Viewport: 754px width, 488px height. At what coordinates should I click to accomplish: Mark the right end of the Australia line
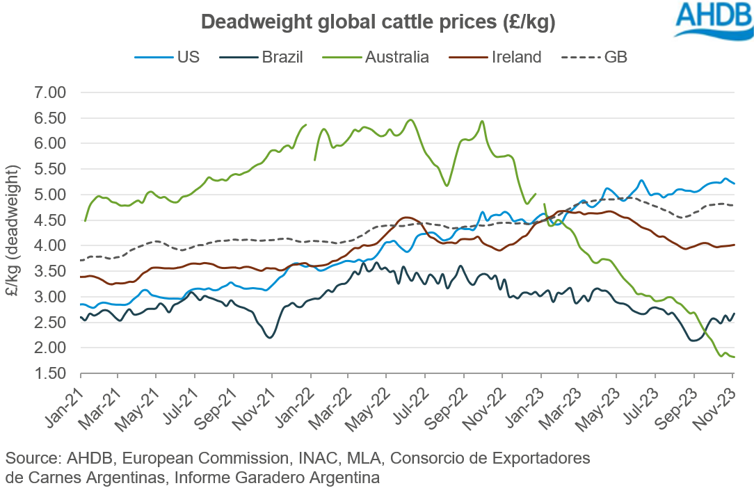point(735,357)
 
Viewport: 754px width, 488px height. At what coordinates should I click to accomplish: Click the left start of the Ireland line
point(81,277)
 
